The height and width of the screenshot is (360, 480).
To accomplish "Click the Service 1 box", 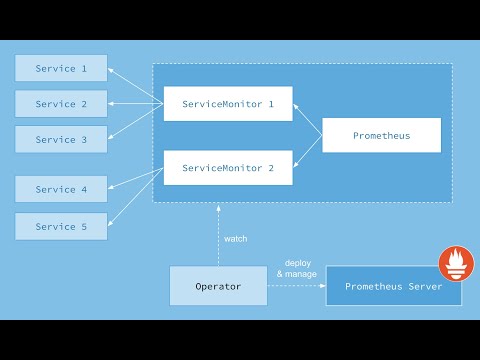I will pos(61,68).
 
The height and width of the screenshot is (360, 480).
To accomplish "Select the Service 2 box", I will pos(61,104).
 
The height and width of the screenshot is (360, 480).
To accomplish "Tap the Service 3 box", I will pos(61,139).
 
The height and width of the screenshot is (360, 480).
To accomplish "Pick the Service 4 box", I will pos(61,189).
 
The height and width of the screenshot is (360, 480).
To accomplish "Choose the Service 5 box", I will pos(61,226).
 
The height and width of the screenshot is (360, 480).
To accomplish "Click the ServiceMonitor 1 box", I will pos(228,103).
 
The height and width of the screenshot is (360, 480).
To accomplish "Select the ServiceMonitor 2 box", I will pos(228,167).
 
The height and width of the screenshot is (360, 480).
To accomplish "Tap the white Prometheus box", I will pos(381,135).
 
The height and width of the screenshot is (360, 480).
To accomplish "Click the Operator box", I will pos(218,286).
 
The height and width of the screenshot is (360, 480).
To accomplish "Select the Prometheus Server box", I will pos(393,286).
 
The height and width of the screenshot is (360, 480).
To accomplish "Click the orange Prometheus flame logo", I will pos(456,266).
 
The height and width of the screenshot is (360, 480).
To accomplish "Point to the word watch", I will pos(236,239).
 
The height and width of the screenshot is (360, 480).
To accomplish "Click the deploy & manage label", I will pos(297,267).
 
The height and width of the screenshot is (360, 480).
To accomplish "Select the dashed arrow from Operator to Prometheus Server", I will pos(297,286).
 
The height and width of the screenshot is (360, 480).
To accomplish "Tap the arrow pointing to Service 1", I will pos(136,83).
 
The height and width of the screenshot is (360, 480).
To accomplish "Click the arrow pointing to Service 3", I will pos(136,122).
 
